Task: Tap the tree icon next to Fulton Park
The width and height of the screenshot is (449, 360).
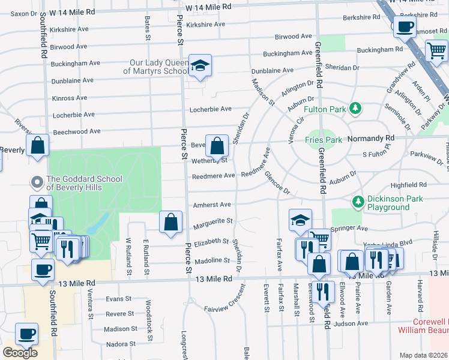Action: pos(357,109)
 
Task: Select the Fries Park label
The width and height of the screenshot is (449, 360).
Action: pos(323,140)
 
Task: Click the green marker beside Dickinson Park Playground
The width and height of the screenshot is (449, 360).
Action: pos(358,200)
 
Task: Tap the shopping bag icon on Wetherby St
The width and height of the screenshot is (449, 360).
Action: pos(217,145)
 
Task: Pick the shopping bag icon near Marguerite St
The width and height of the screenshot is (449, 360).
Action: pos(171,221)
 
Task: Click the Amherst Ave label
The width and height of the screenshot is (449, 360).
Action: pos(212,205)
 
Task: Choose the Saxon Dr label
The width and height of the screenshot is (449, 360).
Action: pos(24,13)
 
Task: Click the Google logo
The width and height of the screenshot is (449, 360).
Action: pos(20,352)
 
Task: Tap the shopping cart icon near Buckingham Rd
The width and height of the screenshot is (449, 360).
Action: pos(436,52)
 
